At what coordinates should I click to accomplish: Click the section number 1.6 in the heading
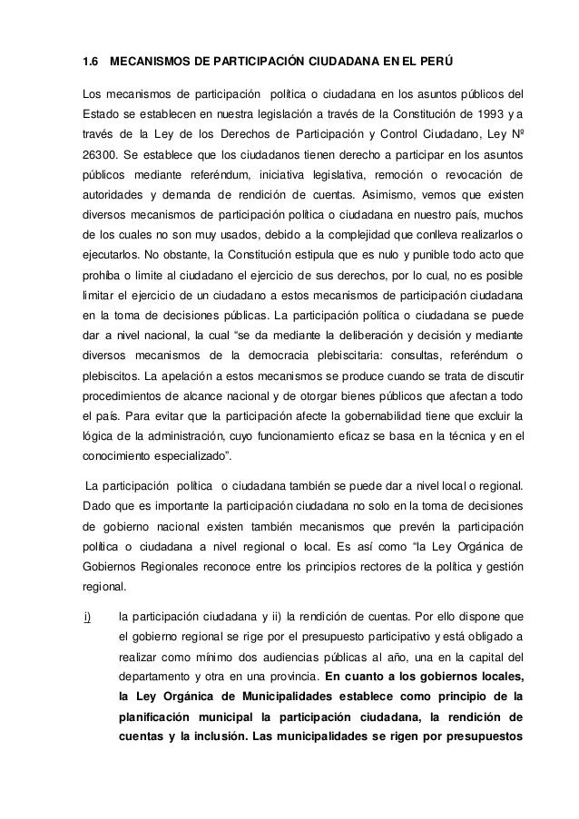(x=90, y=63)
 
